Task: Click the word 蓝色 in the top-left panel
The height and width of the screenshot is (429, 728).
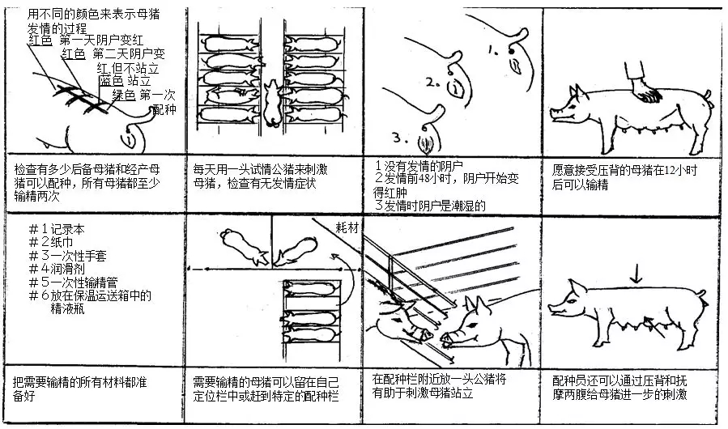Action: click(x=112, y=81)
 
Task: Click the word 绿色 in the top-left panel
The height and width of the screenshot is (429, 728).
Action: click(x=124, y=95)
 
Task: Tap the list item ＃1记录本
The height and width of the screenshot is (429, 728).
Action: click(x=58, y=229)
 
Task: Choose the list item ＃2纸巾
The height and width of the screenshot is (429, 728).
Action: click(x=53, y=243)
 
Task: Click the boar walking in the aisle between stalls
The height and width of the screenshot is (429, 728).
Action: click(x=271, y=103)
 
